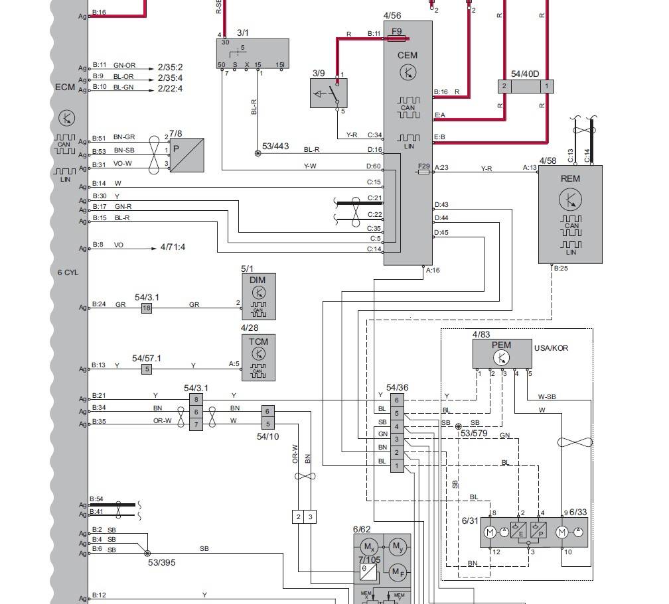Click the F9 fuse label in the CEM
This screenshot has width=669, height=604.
[397, 31]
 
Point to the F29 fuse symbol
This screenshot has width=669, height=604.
[424, 172]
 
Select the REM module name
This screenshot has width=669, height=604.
[570, 178]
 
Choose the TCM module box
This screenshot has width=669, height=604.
[258, 358]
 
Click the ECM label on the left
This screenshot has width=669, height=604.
[65, 88]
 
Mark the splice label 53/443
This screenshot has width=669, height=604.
[275, 146]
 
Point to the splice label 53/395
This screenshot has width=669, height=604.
[162, 563]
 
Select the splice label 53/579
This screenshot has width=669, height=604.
[475, 434]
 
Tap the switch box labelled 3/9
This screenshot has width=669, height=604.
[329, 93]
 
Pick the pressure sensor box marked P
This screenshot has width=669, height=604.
[186, 155]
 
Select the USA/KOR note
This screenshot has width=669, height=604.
[551, 348]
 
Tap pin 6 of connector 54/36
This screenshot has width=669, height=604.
[397, 400]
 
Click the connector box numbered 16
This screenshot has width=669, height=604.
[147, 308]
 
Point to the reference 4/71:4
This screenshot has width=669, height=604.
[173, 247]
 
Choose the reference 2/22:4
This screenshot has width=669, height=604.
[170, 88]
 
